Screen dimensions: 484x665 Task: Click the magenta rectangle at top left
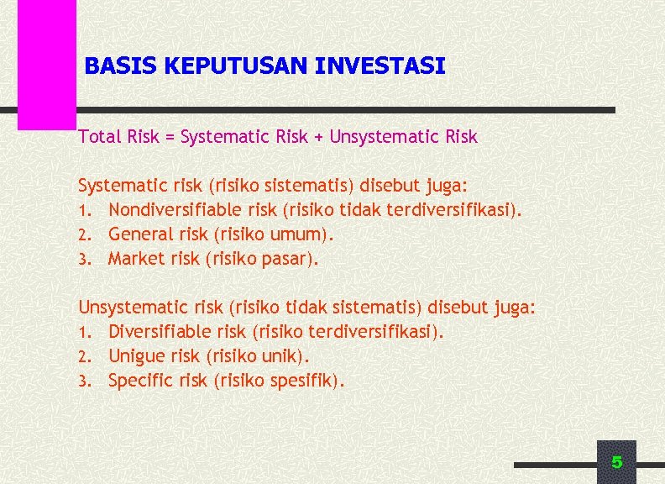pyautogui.click(x=47, y=63)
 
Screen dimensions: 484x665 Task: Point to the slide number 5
pyautogui.click(x=616, y=462)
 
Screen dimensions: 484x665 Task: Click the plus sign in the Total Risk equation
pyautogui.click(x=318, y=137)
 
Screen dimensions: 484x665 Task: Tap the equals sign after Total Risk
pyautogui.click(x=170, y=137)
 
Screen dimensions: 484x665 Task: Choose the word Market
pyautogui.click(x=136, y=258)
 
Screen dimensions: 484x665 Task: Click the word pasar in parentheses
pyautogui.click(x=288, y=259)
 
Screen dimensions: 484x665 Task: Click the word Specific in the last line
pyautogui.click(x=139, y=381)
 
